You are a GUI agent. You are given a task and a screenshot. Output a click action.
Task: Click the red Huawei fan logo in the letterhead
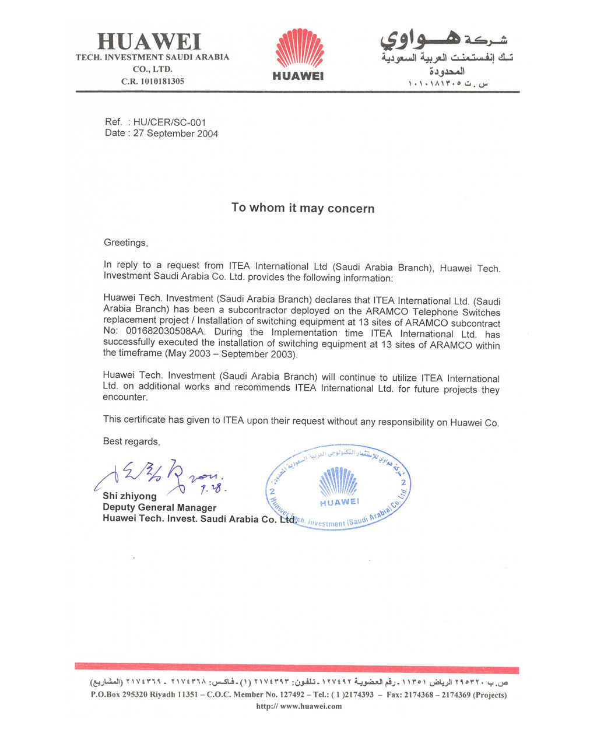(299, 48)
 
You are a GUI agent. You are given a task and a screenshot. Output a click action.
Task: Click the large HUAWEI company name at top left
(149, 42)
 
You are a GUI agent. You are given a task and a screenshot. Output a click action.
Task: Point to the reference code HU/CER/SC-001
(170, 122)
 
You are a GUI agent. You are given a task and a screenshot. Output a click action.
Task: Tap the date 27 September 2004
(175, 134)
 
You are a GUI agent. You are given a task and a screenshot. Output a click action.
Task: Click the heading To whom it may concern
(303, 208)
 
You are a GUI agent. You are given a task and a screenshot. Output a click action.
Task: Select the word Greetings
(125, 243)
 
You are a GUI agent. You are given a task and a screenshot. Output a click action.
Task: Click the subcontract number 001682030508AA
(164, 334)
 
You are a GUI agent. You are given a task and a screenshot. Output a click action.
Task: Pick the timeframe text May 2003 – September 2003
(231, 353)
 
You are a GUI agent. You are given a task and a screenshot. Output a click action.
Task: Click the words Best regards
(131, 441)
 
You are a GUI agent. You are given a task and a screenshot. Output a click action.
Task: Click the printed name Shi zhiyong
(129, 496)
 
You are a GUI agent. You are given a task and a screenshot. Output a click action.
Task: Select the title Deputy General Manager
(159, 508)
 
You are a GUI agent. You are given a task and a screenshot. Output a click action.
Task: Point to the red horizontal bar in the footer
(297, 668)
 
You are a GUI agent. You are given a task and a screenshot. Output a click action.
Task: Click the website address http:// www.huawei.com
(299, 707)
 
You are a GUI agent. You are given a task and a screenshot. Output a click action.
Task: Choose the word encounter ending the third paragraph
(125, 398)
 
